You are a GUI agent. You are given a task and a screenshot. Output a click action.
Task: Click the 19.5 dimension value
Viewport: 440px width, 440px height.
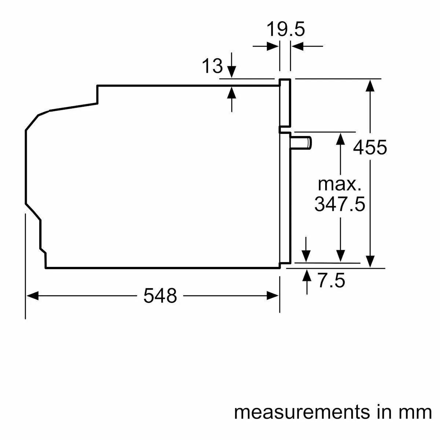(285, 29)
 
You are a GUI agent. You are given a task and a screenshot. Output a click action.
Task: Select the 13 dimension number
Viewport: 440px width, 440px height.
(212, 66)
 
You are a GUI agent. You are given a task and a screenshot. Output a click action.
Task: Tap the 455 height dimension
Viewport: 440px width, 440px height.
(370, 147)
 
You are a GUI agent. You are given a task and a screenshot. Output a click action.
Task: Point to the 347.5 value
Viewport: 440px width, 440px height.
(340, 204)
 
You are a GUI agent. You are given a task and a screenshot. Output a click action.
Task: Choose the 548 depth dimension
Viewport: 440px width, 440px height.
(160, 296)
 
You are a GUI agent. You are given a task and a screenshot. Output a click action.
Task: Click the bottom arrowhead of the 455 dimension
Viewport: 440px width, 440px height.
(370, 261)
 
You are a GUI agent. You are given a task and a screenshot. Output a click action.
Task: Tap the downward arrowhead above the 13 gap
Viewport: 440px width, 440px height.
(231, 72)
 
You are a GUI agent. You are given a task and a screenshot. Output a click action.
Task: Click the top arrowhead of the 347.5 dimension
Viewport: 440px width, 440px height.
(341, 139)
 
